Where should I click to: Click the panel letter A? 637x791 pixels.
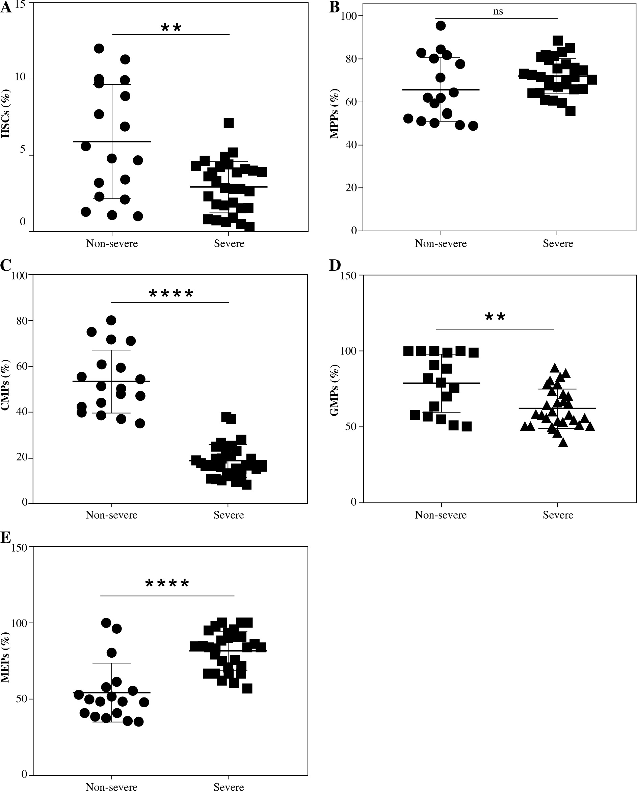point(5,7)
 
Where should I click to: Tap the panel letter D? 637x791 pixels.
point(335,265)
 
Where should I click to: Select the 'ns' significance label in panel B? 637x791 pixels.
point(498,12)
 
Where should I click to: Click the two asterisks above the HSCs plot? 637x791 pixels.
point(171,28)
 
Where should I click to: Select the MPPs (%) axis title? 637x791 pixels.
point(334,113)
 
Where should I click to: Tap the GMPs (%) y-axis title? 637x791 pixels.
point(334,390)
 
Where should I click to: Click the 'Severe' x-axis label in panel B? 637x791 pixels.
point(558,244)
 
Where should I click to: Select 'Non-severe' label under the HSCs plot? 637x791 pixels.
point(112,244)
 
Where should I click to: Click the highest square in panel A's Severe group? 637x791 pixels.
point(229,123)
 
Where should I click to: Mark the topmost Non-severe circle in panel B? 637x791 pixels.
point(441,26)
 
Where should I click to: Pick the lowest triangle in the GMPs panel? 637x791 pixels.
point(563,443)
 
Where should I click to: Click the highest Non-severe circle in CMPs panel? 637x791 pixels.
point(111,320)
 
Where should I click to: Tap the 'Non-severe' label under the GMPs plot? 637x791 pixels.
point(441,515)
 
